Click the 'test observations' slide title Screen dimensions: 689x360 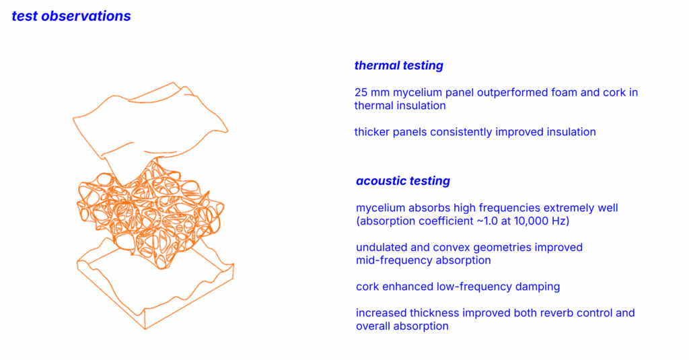(71, 16)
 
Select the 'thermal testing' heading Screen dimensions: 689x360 (398, 65)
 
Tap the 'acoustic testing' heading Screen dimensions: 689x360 (403, 181)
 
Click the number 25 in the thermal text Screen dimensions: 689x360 (361, 93)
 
